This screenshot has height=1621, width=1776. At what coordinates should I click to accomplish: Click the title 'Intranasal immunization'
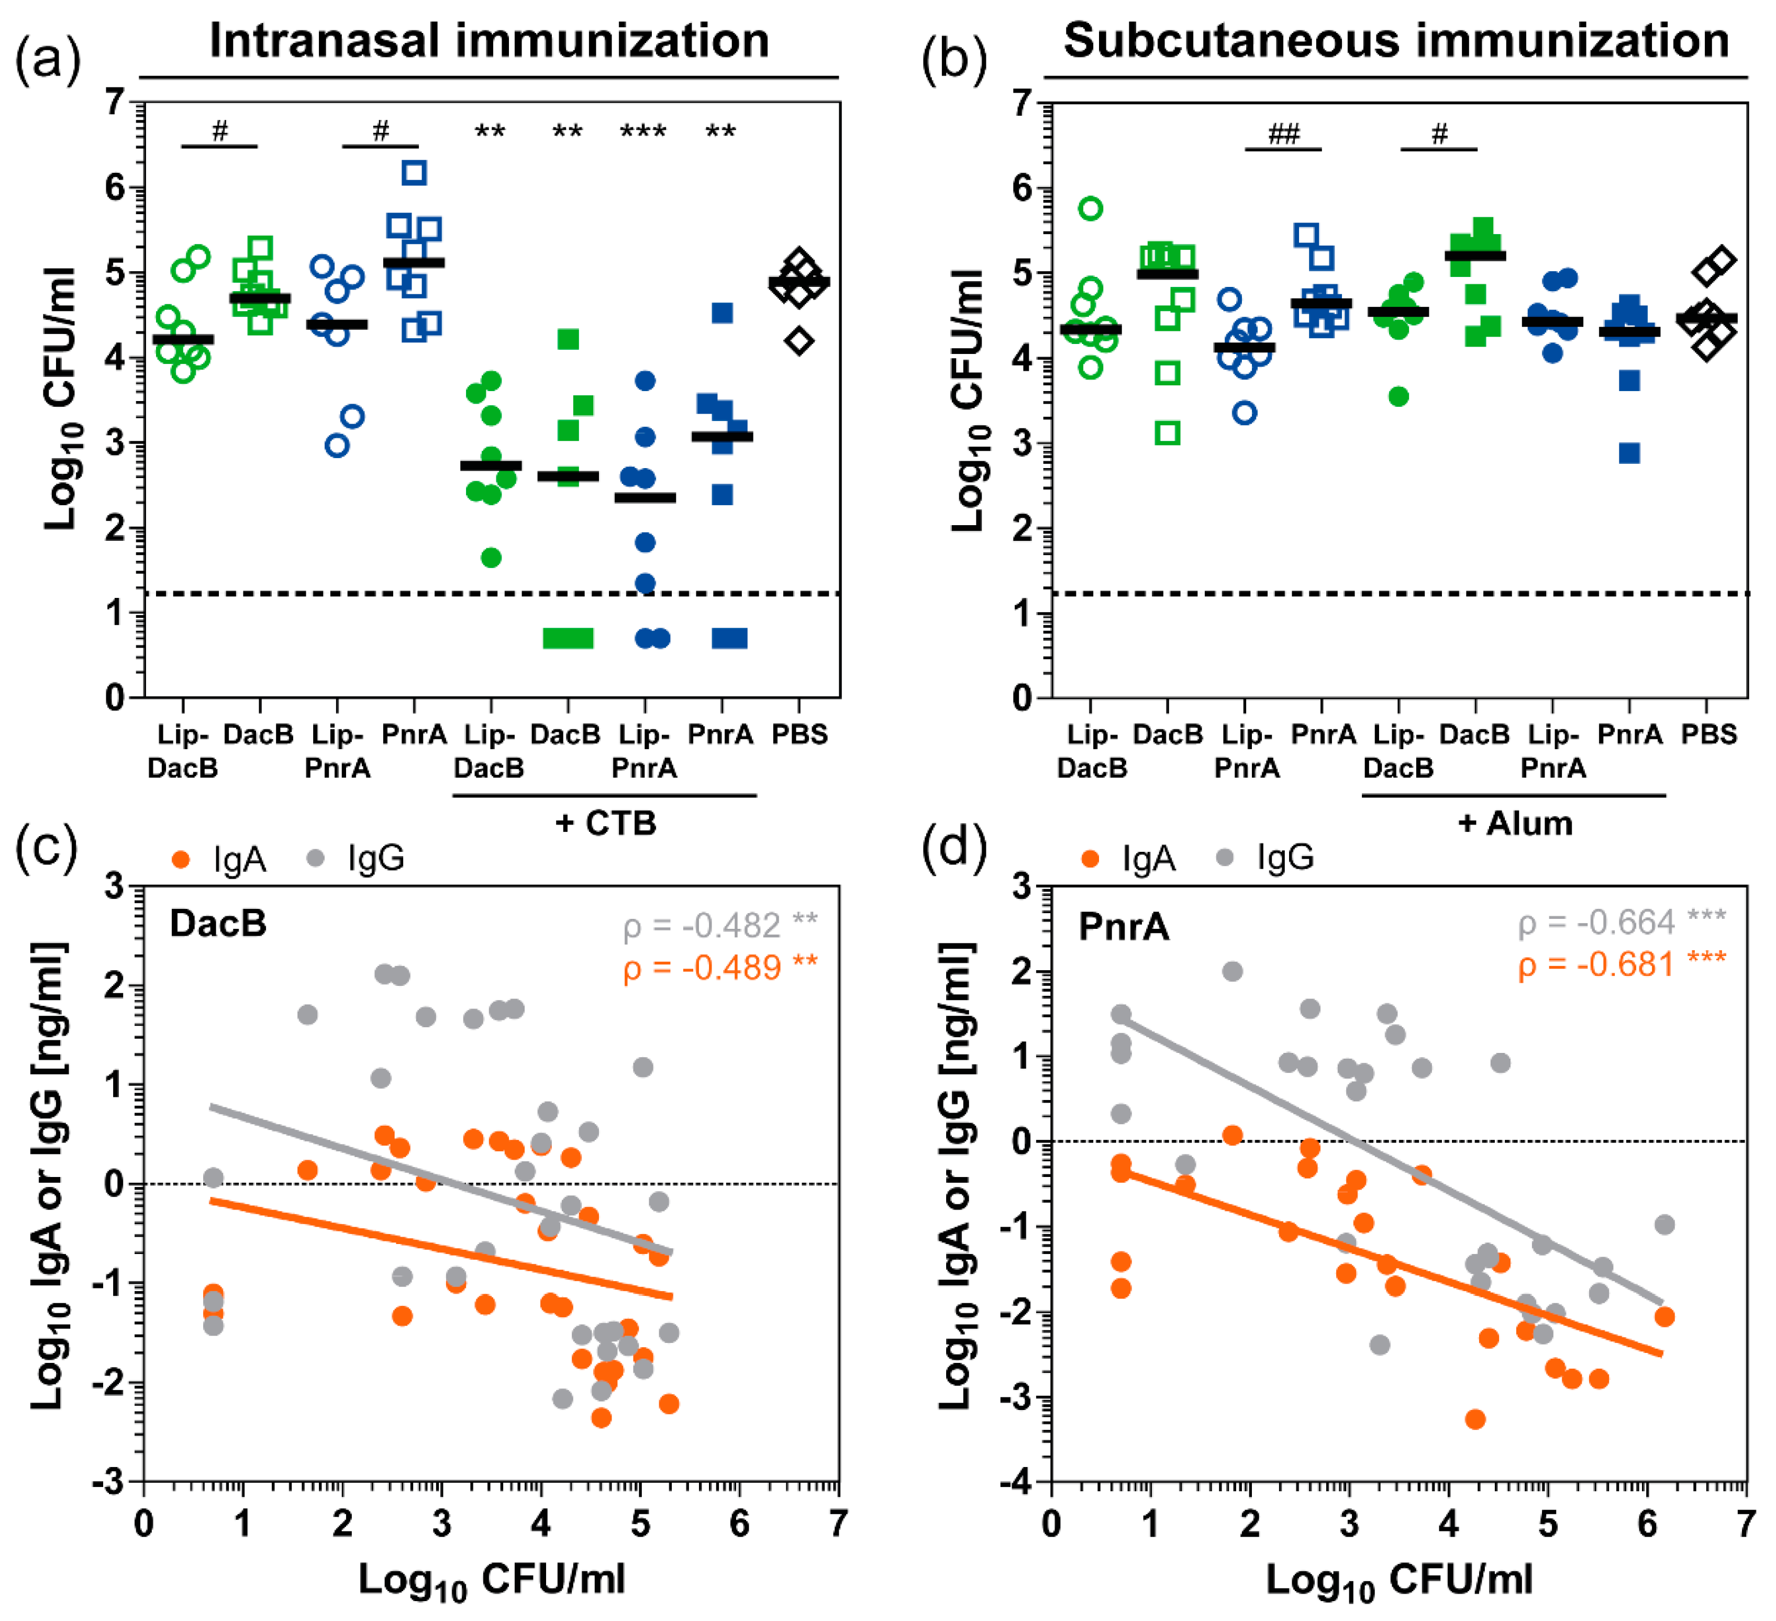(489, 41)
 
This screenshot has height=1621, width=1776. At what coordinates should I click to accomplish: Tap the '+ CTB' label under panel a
(606, 824)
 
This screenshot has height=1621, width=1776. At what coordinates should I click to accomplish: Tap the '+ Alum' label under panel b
(1515, 824)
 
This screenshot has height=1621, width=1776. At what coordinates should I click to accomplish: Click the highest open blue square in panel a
(414, 173)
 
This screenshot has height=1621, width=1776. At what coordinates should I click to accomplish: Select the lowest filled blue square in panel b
(1630, 454)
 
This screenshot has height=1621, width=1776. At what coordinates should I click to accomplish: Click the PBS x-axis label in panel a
(800, 734)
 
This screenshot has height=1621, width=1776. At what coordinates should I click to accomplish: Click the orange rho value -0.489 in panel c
(720, 968)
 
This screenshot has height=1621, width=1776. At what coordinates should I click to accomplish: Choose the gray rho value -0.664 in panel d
(1621, 923)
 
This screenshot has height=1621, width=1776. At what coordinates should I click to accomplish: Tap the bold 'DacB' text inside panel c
(218, 923)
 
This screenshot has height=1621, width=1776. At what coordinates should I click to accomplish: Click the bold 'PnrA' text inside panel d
(1124, 927)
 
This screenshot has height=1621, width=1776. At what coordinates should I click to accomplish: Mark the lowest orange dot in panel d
(1475, 1419)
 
